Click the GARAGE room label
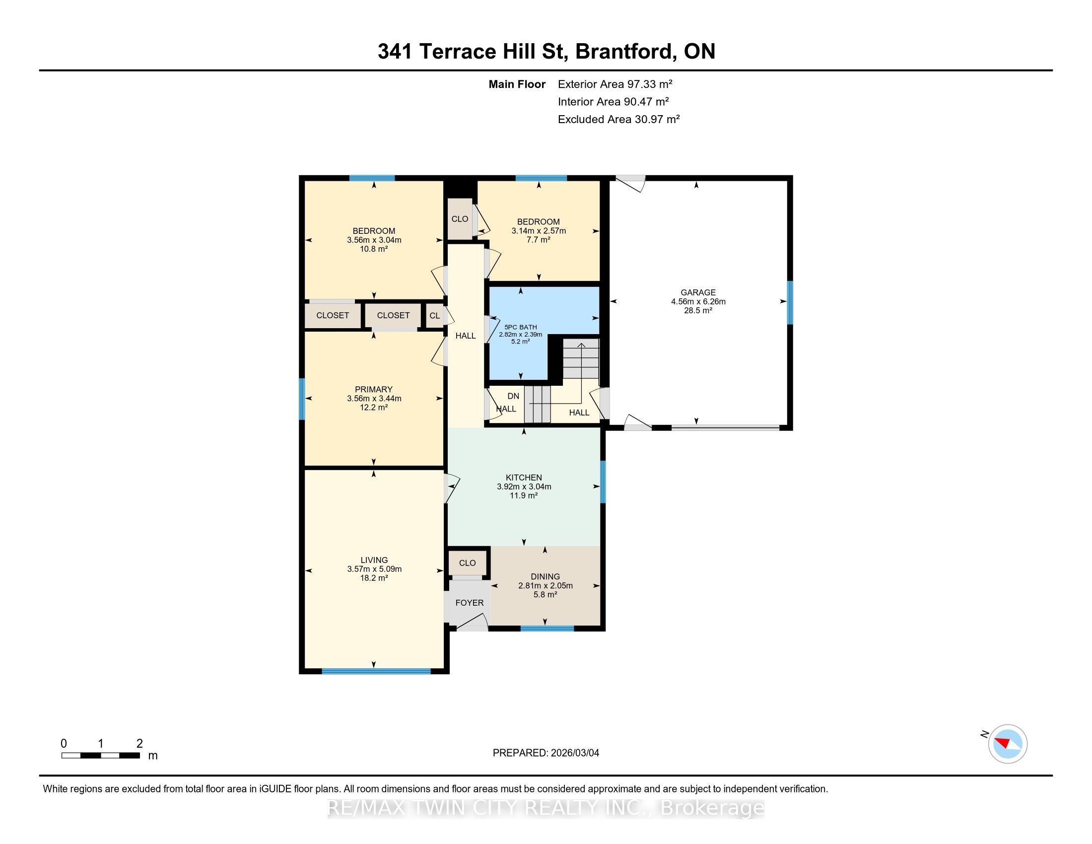pyautogui.click(x=698, y=292)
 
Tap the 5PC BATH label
pyautogui.click(x=521, y=327)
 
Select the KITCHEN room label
pyautogui.click(x=524, y=478)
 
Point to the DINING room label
pyautogui.click(x=545, y=576)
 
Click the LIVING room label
pyautogui.click(x=374, y=560)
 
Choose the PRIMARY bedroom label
pyautogui.click(x=373, y=390)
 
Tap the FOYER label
pyautogui.click(x=470, y=603)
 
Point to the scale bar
pyautogui.click(x=100, y=755)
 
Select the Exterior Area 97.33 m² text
pyautogui.click(x=615, y=84)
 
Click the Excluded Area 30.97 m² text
pyautogui.click(x=618, y=119)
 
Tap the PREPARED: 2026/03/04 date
pyautogui.click(x=546, y=753)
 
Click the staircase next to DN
pyautogui.click(x=537, y=404)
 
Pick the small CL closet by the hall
pyautogui.click(x=434, y=315)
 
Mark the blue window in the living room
pyautogui.click(x=376, y=671)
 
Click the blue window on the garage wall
pyautogui.click(x=790, y=303)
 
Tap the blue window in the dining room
pyautogui.click(x=547, y=628)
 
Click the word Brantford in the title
pyautogui.click(x=624, y=52)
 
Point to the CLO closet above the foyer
pyautogui.click(x=468, y=563)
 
